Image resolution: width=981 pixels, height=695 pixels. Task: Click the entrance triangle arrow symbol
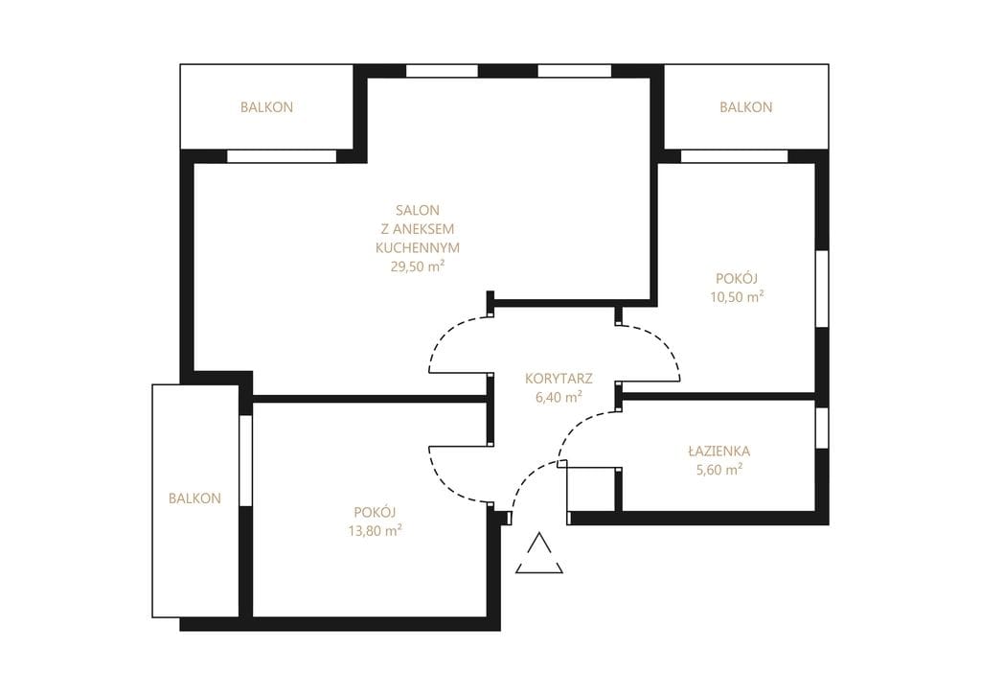pos(539,553)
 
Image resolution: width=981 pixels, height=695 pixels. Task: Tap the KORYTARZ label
pos(559,379)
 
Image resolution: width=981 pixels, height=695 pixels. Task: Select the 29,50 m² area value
pos(418,266)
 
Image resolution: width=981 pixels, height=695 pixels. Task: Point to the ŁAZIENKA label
pos(719,451)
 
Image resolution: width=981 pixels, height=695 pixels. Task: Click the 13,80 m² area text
pos(375,531)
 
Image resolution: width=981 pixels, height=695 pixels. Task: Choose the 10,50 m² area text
pos(737,297)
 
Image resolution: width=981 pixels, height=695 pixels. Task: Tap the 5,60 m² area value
pos(719,470)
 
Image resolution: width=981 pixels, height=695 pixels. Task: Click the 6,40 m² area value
pos(559,397)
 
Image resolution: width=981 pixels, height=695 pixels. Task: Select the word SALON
pos(418,210)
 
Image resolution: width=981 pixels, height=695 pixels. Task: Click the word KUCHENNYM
pos(418,248)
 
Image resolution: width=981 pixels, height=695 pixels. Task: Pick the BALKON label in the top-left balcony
pos(266,107)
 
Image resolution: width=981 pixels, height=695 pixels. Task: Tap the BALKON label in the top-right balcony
pos(745,107)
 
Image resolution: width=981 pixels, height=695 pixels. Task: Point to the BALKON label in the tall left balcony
pos(194,498)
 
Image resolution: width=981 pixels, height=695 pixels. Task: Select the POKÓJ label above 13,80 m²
pos(375,512)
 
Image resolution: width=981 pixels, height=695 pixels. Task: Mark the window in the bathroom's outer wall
pos(822,428)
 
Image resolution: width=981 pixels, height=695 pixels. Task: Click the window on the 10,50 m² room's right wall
pos(822,289)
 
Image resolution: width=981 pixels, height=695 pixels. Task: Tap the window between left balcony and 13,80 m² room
pos(246,460)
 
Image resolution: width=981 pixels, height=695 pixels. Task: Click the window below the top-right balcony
pos(734,156)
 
